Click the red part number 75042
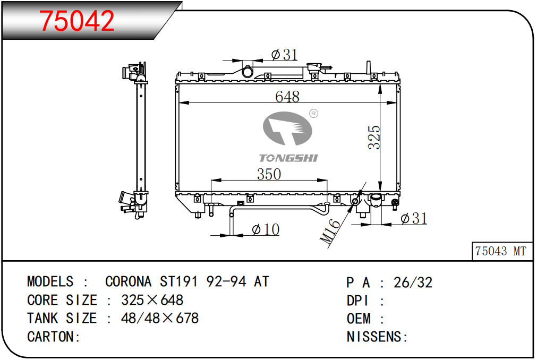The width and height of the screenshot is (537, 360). [x=76, y=21]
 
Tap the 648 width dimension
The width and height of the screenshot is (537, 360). [x=287, y=97]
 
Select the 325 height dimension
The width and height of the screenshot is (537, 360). [x=374, y=137]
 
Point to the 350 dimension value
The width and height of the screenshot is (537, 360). [x=269, y=174]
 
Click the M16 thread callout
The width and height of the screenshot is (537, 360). [x=330, y=231]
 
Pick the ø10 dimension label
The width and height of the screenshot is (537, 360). [x=266, y=229]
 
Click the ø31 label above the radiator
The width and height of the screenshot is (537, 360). [x=284, y=54]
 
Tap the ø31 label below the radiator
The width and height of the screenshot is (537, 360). [x=414, y=218]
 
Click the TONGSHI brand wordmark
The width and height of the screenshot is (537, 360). [x=288, y=158]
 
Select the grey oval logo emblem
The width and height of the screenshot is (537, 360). [x=287, y=128]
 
